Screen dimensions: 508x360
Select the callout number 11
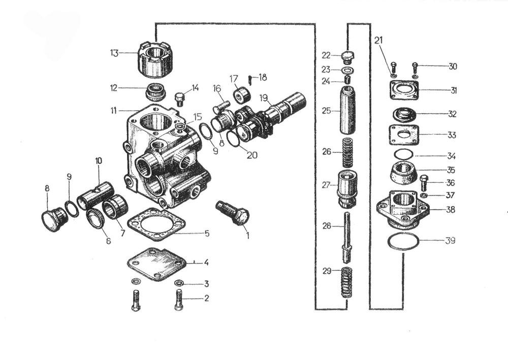pyautogui.click(x=114, y=111)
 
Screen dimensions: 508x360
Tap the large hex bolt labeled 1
pyautogui.click(x=233, y=213)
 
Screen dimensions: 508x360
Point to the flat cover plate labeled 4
pyautogui.click(x=156, y=264)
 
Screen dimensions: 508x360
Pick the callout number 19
pyautogui.click(x=264, y=98)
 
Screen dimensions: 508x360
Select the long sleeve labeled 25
pyautogui.click(x=347, y=110)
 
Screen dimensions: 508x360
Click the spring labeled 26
pyautogui.click(x=347, y=152)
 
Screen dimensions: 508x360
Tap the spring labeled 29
pyautogui.click(x=347, y=283)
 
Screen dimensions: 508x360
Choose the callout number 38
pyautogui.click(x=450, y=210)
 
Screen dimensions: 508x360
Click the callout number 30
pyautogui.click(x=453, y=67)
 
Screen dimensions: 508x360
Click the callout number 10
pyautogui.click(x=99, y=161)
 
